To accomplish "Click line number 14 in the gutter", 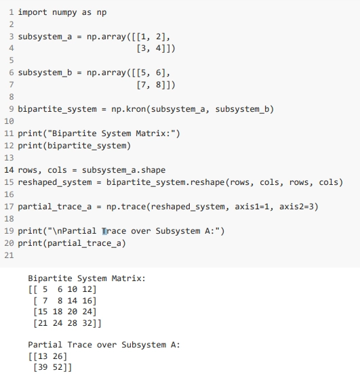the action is click(x=9, y=170).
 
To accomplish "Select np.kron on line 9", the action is click(x=128, y=109).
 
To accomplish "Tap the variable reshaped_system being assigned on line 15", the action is click(x=55, y=182).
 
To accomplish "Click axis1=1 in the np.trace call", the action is click(x=252, y=207).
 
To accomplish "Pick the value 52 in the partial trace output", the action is click(x=58, y=367).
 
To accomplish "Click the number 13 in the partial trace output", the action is click(x=43, y=356).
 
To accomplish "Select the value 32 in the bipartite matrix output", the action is click(x=87, y=323).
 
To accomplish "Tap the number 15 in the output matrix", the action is click(x=43, y=312).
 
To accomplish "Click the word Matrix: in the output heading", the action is click(x=129, y=278).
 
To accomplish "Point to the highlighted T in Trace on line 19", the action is click(x=104, y=231).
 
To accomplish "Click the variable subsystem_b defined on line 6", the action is click(x=45, y=72).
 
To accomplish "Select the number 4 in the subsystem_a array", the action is click(x=159, y=48).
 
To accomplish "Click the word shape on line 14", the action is click(x=153, y=170).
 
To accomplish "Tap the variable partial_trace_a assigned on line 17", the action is click(x=55, y=207).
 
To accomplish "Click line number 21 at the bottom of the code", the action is click(x=9, y=255).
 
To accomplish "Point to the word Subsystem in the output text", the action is click(x=144, y=345).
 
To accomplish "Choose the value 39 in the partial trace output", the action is click(x=43, y=367).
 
